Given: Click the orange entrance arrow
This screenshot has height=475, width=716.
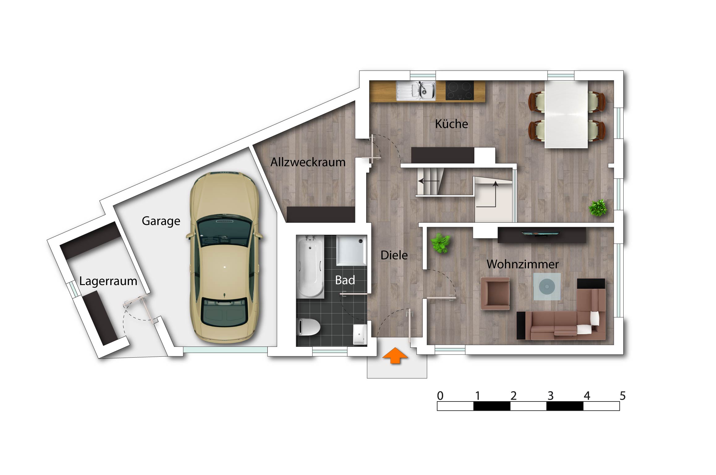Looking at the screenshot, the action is [395, 355].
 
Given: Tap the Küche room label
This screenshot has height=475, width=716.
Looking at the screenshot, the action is [451, 124].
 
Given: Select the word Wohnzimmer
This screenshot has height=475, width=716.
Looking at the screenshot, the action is [523, 264].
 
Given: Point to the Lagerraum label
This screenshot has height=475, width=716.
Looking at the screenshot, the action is [108, 281].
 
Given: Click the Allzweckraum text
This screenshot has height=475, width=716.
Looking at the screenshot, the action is [308, 162].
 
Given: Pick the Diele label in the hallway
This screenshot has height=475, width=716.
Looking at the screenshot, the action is [394, 255].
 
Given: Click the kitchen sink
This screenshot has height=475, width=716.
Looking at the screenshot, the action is [416, 91].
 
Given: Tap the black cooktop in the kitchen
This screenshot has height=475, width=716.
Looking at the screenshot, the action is [460, 90].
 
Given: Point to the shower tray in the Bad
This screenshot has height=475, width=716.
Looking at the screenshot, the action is [352, 250].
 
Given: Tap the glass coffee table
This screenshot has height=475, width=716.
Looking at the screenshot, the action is [547, 287].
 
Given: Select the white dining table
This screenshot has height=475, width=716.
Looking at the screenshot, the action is [566, 115].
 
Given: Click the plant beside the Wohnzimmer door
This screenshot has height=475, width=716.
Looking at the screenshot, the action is [440, 243].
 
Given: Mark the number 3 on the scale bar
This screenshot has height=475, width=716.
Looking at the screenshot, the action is [550, 396].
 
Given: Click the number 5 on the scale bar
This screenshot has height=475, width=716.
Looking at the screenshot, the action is [623, 396].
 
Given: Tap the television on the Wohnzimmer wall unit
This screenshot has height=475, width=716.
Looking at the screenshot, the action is [540, 233].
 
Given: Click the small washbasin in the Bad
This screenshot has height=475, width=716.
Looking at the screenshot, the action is [360, 334].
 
